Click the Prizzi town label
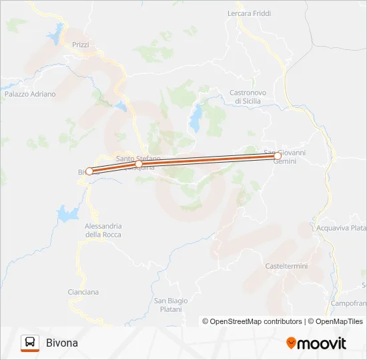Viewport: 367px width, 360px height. [80, 45]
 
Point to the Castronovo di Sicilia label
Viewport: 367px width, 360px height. [248, 97]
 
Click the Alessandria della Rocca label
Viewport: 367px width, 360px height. [103, 230]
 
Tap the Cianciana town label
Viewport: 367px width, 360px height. [83, 292]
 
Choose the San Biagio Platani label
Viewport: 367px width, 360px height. [171, 304]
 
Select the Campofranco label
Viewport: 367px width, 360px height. [349, 303]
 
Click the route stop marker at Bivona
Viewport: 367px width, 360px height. [89, 171]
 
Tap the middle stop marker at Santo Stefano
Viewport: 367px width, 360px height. [139, 164]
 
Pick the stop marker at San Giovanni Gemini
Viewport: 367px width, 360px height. [278, 156]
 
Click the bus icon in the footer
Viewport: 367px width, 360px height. [30, 343]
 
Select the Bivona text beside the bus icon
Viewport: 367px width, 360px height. [62, 343]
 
